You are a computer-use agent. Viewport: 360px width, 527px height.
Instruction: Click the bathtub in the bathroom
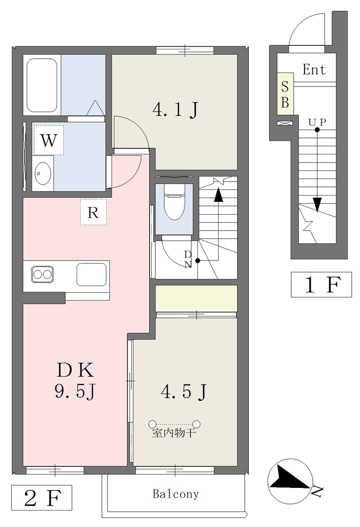pos(42,85)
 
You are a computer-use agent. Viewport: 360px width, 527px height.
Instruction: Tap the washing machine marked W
pos(48,140)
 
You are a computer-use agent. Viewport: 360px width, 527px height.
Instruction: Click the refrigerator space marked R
pos(94,212)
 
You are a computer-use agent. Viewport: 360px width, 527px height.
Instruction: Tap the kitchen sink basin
pos(92,274)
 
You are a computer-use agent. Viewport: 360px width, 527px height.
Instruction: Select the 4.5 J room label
pos(184,391)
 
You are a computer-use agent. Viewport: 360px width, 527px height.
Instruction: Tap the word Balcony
pos(176,494)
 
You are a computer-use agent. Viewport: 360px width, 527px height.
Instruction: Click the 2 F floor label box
pos(42,498)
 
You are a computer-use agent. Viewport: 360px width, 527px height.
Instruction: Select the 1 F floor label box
pos(321,284)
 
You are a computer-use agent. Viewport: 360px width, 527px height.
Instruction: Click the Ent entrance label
pos(314,69)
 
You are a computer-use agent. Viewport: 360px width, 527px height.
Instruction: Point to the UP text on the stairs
pos(317,121)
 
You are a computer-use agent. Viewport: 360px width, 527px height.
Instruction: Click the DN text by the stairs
pos(188,259)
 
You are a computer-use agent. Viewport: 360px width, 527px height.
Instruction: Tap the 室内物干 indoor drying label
pos(174,433)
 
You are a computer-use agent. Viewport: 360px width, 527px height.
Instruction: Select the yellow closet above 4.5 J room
pos(196,298)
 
